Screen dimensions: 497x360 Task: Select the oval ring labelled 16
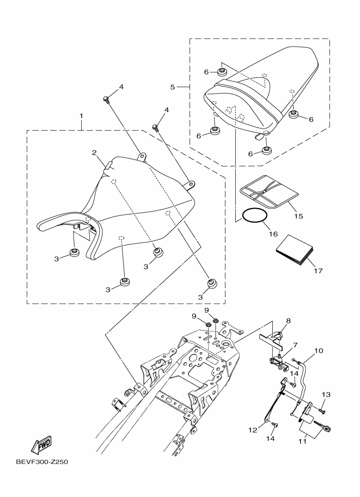click(x=254, y=216)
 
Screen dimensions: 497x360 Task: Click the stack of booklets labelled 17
click(x=295, y=250)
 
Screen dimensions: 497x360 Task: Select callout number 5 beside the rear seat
click(x=172, y=87)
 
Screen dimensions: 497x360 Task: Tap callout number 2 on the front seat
click(x=94, y=153)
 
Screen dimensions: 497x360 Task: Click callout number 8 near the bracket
click(x=288, y=321)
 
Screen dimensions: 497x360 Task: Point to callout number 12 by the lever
click(x=253, y=429)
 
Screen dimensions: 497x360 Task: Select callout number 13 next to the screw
click(x=326, y=394)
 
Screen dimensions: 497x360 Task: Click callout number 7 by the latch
click(x=295, y=345)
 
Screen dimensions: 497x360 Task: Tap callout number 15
click(x=298, y=216)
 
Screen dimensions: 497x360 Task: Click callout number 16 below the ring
click(x=273, y=234)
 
